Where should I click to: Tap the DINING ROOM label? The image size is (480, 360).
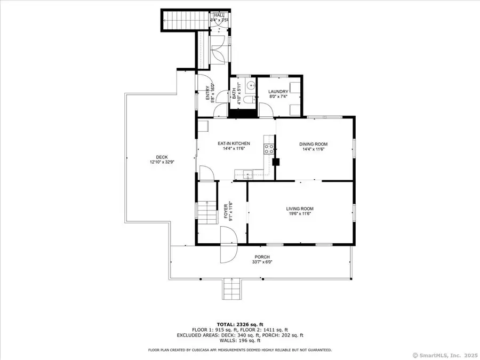click(x=313, y=144)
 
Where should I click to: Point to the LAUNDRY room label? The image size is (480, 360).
click(x=278, y=91)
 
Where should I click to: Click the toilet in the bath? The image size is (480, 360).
click(x=249, y=100)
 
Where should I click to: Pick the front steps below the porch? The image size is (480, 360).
click(x=231, y=290)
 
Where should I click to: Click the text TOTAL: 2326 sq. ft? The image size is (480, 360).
click(x=240, y=324)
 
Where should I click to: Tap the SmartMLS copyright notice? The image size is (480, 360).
click(x=446, y=354)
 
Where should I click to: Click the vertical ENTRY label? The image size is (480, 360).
click(x=209, y=93)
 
